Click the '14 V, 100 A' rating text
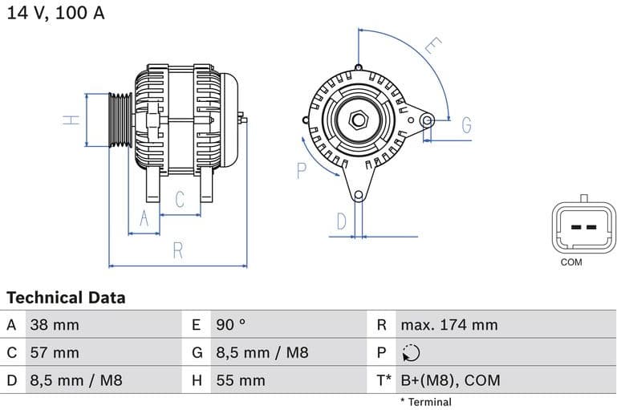click(55, 14)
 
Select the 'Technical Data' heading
click(66, 298)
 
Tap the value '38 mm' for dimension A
click(55, 325)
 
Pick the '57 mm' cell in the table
click(55, 352)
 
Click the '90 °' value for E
click(231, 325)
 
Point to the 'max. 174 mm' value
click(449, 325)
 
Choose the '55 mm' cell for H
click(240, 380)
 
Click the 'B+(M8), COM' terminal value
click(449, 380)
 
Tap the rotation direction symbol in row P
click(411, 353)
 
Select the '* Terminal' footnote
click(425, 402)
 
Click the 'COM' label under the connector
click(571, 262)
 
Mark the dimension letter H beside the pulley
click(72, 120)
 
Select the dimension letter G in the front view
click(465, 125)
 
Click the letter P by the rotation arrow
click(302, 170)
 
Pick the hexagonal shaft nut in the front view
click(358, 120)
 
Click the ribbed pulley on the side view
click(120, 120)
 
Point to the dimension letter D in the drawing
click(341, 221)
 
